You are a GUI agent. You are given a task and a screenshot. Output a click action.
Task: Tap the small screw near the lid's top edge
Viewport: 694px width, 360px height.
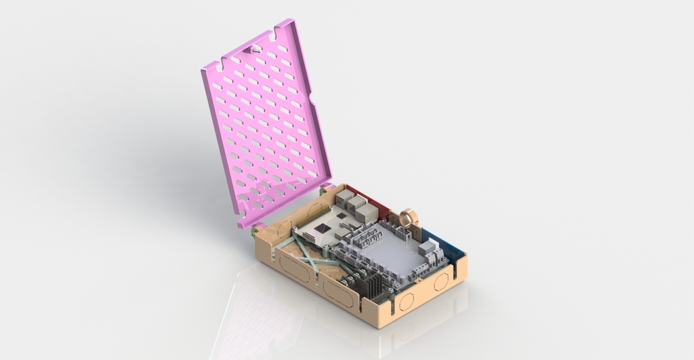(256, 48)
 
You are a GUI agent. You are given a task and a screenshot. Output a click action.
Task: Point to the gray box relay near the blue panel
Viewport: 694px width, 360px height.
(428, 247)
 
